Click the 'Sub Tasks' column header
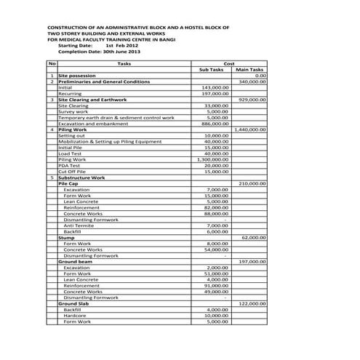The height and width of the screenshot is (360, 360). pos(211,70)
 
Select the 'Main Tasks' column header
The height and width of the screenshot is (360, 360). pos(249,70)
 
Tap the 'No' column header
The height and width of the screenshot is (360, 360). pos(52,64)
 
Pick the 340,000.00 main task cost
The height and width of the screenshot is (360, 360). pos(252,81)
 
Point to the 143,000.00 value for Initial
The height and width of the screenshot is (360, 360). pos(215,87)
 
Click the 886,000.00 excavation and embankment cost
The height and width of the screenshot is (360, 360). pos(215,123)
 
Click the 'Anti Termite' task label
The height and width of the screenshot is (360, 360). pos(79,224)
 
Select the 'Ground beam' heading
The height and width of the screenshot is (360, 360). pos(76,260)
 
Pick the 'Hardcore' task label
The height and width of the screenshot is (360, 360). pos(76,314)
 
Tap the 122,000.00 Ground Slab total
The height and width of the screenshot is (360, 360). pos(252,303)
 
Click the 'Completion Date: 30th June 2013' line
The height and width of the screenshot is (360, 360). pos(99,52)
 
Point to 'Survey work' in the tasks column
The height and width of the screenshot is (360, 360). pos(73,111)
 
